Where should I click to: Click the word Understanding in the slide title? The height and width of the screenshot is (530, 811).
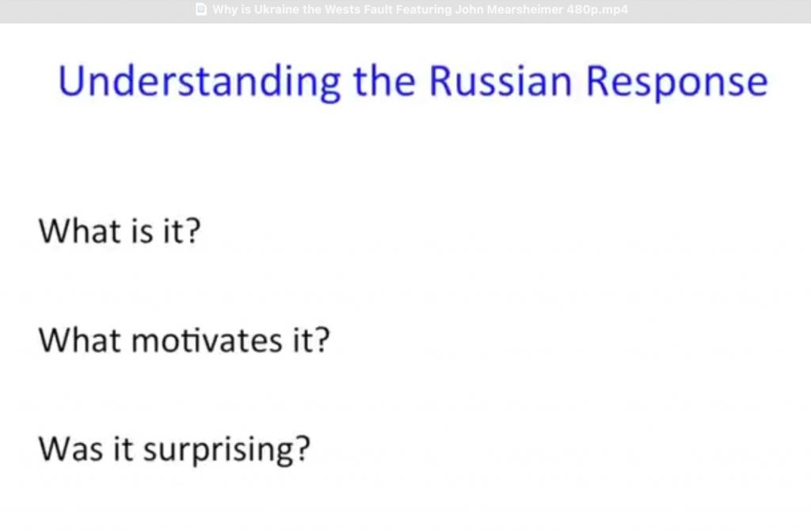click(x=199, y=82)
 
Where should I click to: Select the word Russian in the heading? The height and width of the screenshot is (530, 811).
click(x=501, y=81)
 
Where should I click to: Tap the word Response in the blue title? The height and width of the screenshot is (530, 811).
click(x=676, y=82)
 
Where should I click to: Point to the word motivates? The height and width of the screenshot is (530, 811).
click(x=207, y=341)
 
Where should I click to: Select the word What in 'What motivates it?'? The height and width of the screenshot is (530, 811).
click(x=80, y=340)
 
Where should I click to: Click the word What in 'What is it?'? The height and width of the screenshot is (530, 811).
click(x=80, y=230)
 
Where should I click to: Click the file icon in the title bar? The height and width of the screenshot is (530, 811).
click(x=202, y=9)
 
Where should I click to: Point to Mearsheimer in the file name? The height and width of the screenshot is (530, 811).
click(x=524, y=9)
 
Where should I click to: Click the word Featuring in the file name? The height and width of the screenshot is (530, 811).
click(x=424, y=9)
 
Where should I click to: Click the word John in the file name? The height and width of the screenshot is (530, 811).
click(x=469, y=9)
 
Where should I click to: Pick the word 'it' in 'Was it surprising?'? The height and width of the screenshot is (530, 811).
click(x=123, y=449)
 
